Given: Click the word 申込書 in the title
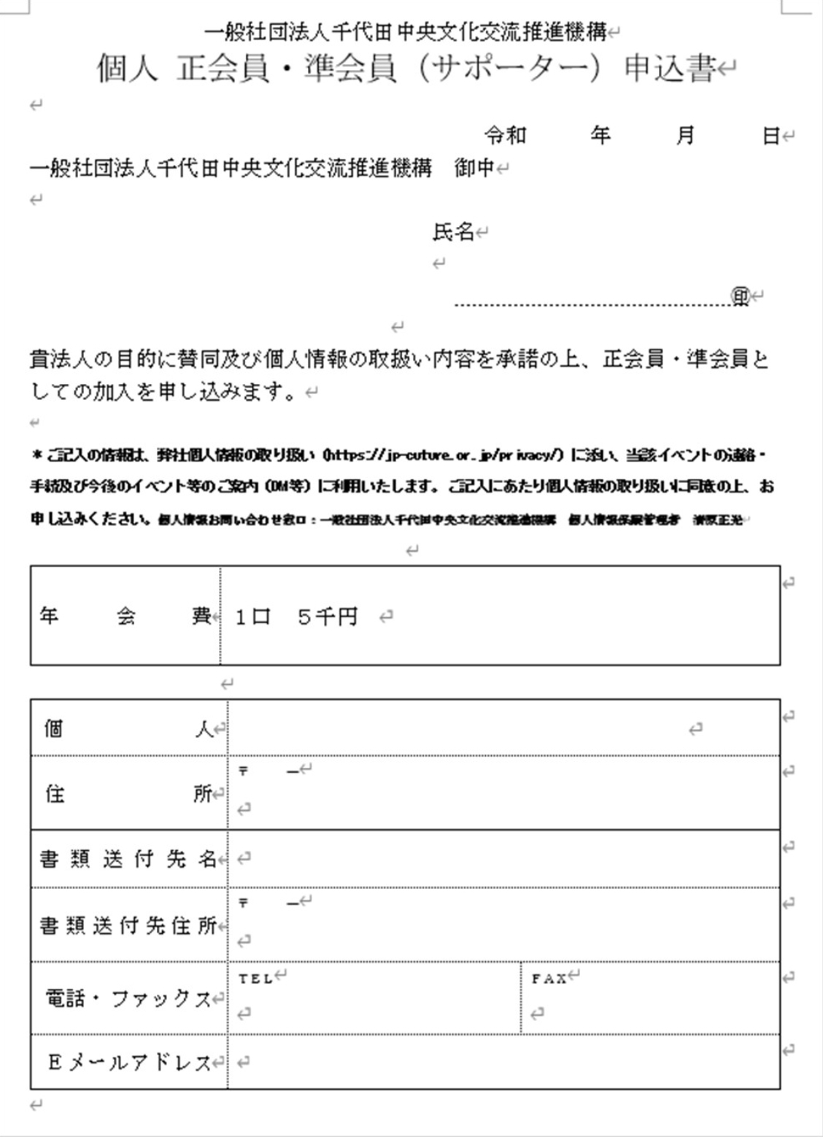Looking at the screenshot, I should (x=670, y=69).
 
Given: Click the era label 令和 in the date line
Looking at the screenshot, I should (x=505, y=135).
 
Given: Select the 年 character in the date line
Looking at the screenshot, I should (x=600, y=135).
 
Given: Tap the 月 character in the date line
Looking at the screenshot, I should (x=684, y=135).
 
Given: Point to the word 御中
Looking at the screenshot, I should (x=474, y=168).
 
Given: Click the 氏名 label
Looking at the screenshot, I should (x=453, y=232).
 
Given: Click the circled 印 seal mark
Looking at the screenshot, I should (x=741, y=296).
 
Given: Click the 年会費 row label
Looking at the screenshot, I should (x=125, y=616).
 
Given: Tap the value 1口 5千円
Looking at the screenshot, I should (x=296, y=617).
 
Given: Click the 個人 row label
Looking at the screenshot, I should (x=128, y=728).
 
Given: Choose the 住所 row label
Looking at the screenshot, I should (x=128, y=793).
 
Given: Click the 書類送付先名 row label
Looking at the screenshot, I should (x=128, y=858).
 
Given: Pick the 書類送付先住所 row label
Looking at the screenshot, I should (x=128, y=925).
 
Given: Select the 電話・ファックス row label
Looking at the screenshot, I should (x=128, y=998).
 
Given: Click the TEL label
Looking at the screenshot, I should (x=255, y=978).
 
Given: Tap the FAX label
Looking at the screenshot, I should (x=549, y=978).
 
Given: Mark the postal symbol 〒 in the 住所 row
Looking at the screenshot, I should (x=244, y=771).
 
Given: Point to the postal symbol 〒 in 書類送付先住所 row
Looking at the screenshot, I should (x=244, y=903).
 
